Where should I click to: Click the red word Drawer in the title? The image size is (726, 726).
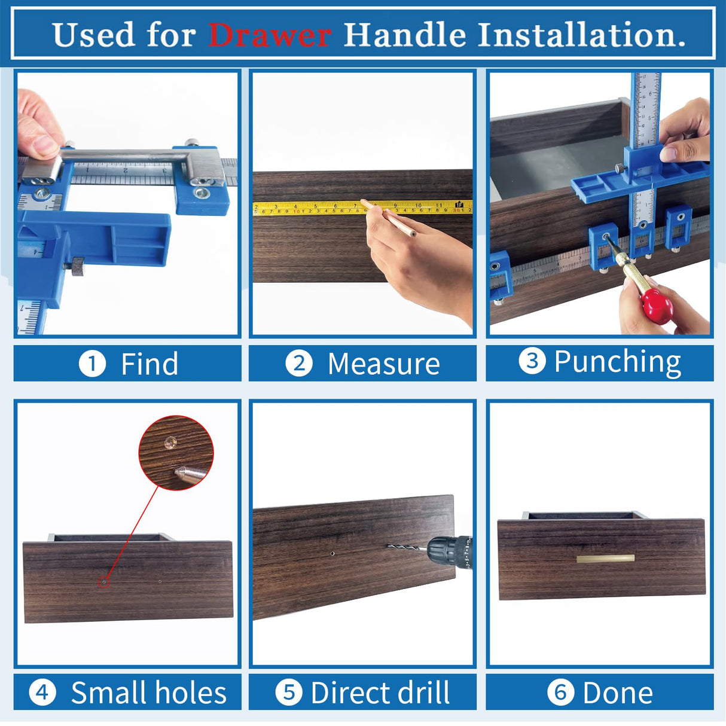[x=269, y=35]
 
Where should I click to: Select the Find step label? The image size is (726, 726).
[x=150, y=364]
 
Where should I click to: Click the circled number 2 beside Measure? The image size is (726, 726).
[x=298, y=364]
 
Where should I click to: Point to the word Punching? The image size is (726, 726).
[x=617, y=362]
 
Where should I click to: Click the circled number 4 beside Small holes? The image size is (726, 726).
[x=42, y=693]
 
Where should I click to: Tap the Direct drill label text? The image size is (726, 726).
[x=380, y=693]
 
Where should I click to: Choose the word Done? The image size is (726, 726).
[x=617, y=693]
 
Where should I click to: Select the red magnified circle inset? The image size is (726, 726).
[x=176, y=453]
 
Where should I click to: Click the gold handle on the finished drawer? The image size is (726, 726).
[x=605, y=559]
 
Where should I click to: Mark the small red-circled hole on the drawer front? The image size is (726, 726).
[x=104, y=581]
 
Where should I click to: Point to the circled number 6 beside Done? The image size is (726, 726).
[x=560, y=693]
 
